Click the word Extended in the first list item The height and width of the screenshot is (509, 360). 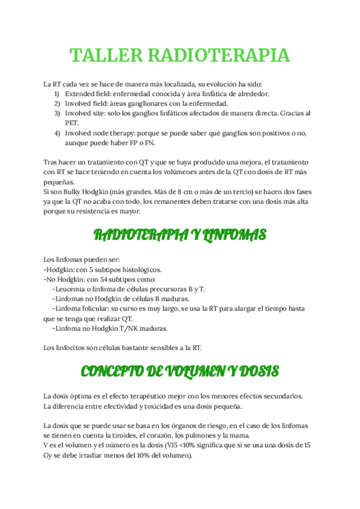pyautogui.click(x=81, y=94)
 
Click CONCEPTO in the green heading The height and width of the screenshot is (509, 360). pyautogui.click(x=110, y=371)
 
